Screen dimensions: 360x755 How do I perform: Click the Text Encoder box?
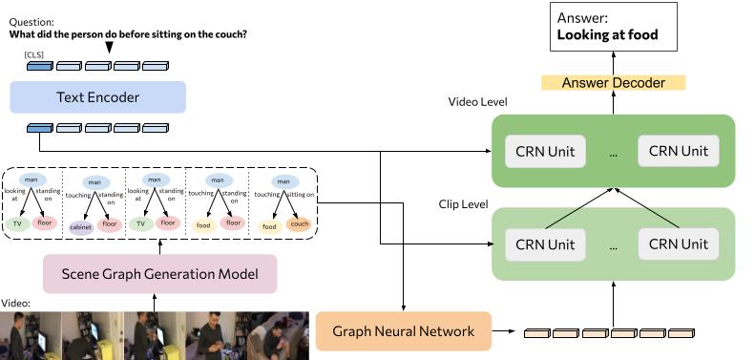tap(97, 97)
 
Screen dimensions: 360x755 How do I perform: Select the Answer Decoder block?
tap(613, 83)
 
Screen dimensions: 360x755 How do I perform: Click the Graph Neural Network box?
tap(403, 331)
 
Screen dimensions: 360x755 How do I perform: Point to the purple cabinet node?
tap(81, 226)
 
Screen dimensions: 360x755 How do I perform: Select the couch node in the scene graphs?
tap(299, 226)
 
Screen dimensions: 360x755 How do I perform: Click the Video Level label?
tap(477, 102)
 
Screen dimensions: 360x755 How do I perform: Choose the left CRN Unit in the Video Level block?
tap(545, 151)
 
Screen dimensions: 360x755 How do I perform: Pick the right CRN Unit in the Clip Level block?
tap(679, 244)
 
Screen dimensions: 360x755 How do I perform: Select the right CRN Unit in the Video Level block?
tap(679, 151)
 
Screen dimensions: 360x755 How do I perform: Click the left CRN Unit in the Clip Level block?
tap(545, 244)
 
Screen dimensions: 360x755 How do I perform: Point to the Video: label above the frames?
tap(16, 304)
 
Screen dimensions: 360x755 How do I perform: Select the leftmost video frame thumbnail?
tap(31, 335)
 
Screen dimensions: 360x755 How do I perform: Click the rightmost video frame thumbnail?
tap(279, 335)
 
